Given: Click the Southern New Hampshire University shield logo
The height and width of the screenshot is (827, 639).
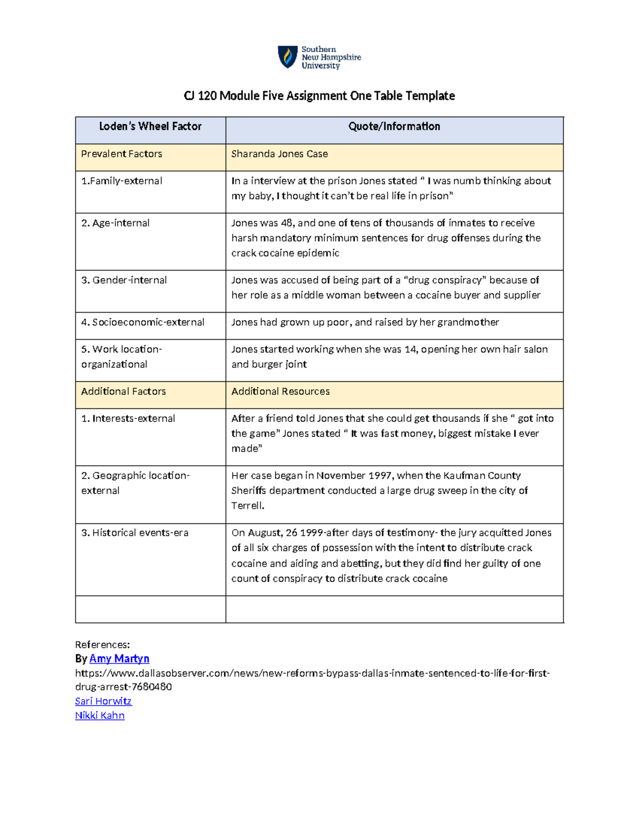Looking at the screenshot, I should click(x=288, y=57).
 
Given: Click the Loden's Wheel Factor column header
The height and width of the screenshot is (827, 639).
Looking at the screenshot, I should click(x=150, y=127).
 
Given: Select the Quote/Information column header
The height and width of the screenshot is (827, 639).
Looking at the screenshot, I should click(x=394, y=127).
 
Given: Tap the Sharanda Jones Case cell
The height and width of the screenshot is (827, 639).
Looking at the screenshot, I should click(x=280, y=154).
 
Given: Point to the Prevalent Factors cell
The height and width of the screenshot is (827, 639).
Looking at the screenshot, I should click(x=121, y=154).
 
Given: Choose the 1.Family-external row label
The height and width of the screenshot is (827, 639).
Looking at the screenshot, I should click(x=121, y=181).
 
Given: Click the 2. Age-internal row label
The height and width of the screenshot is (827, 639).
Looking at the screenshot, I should click(x=115, y=223).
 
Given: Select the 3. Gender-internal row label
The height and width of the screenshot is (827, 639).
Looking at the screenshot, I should click(x=124, y=280).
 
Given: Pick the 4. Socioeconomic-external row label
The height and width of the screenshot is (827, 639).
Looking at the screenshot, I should click(x=143, y=322).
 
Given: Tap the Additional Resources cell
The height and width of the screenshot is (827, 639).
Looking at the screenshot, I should click(x=280, y=391).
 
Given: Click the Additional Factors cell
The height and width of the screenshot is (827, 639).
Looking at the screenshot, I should click(x=124, y=391).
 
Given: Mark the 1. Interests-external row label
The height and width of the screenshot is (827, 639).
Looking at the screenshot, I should click(x=128, y=419).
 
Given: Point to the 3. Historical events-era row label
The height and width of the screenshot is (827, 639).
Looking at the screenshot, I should click(x=135, y=533).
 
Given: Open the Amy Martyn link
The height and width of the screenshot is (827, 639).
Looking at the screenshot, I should click(x=119, y=659).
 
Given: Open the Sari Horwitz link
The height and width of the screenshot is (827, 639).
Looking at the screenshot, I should click(x=103, y=701).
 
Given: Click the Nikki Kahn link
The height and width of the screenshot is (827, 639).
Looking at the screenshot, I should click(x=100, y=716).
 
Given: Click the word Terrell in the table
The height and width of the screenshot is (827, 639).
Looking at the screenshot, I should click(x=247, y=506).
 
